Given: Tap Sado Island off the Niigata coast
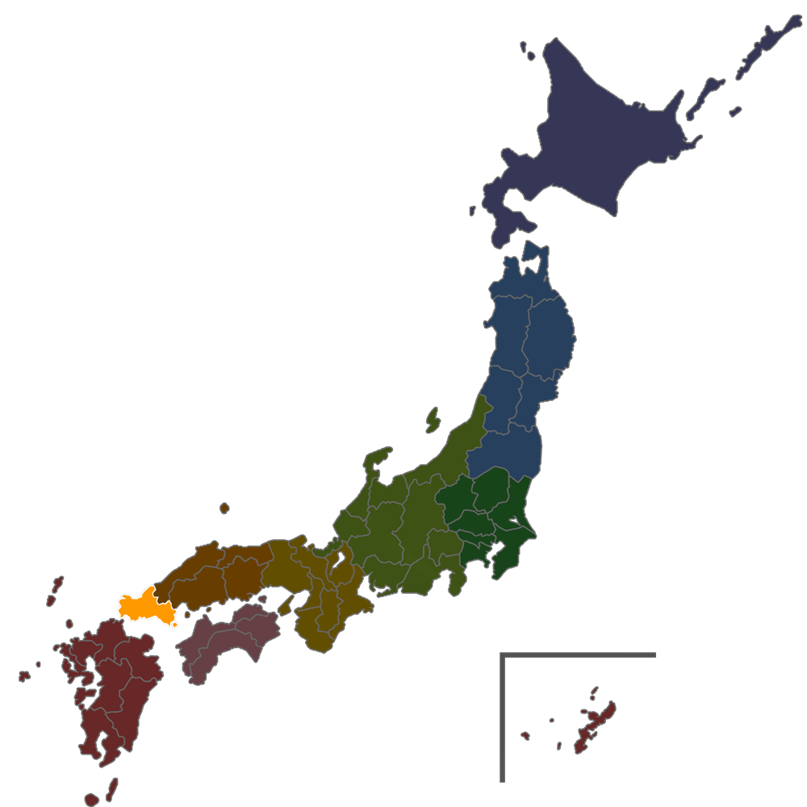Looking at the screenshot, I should (433, 420).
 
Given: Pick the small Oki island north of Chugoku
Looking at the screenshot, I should (224, 508).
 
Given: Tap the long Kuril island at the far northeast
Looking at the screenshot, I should (763, 44).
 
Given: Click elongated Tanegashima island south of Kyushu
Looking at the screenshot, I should (112, 787).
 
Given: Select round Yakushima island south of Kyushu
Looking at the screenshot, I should (92, 800).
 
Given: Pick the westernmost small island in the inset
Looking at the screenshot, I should (525, 735).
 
